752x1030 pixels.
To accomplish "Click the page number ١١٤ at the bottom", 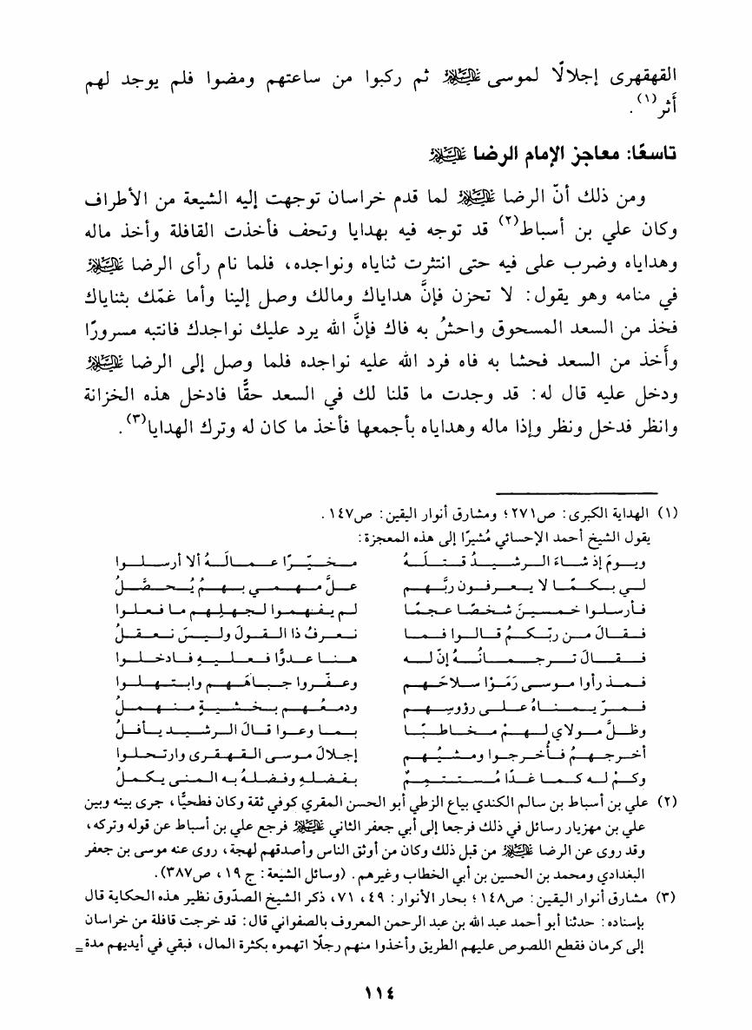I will pos(375,990).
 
